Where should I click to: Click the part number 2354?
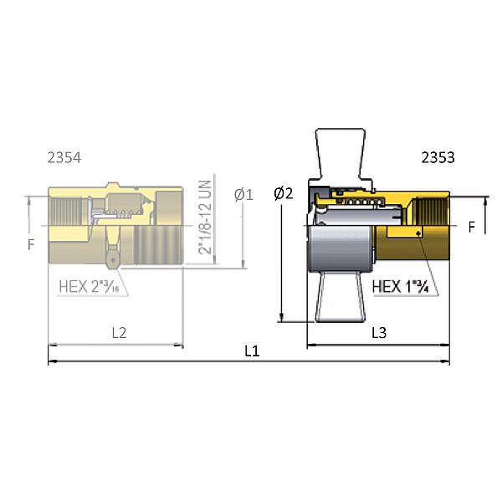65,156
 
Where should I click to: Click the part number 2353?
438,156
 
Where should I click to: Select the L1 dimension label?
251,351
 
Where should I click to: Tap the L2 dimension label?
119,332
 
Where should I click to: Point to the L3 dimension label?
378,332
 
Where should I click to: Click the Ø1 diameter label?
244,195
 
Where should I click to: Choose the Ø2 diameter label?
284,193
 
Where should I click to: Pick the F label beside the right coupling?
471,227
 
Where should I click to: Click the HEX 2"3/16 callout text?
94,287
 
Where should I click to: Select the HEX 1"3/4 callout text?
400,286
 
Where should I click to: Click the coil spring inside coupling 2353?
357,202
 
